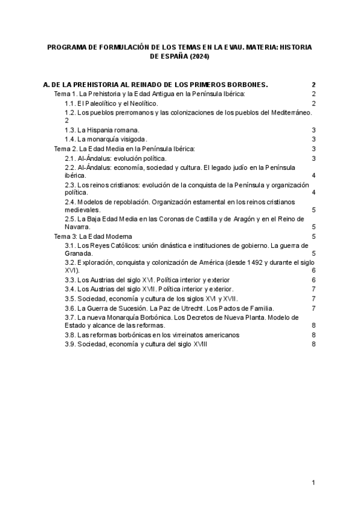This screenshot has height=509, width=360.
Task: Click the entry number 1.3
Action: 70,130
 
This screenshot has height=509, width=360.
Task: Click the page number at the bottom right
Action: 313,483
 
